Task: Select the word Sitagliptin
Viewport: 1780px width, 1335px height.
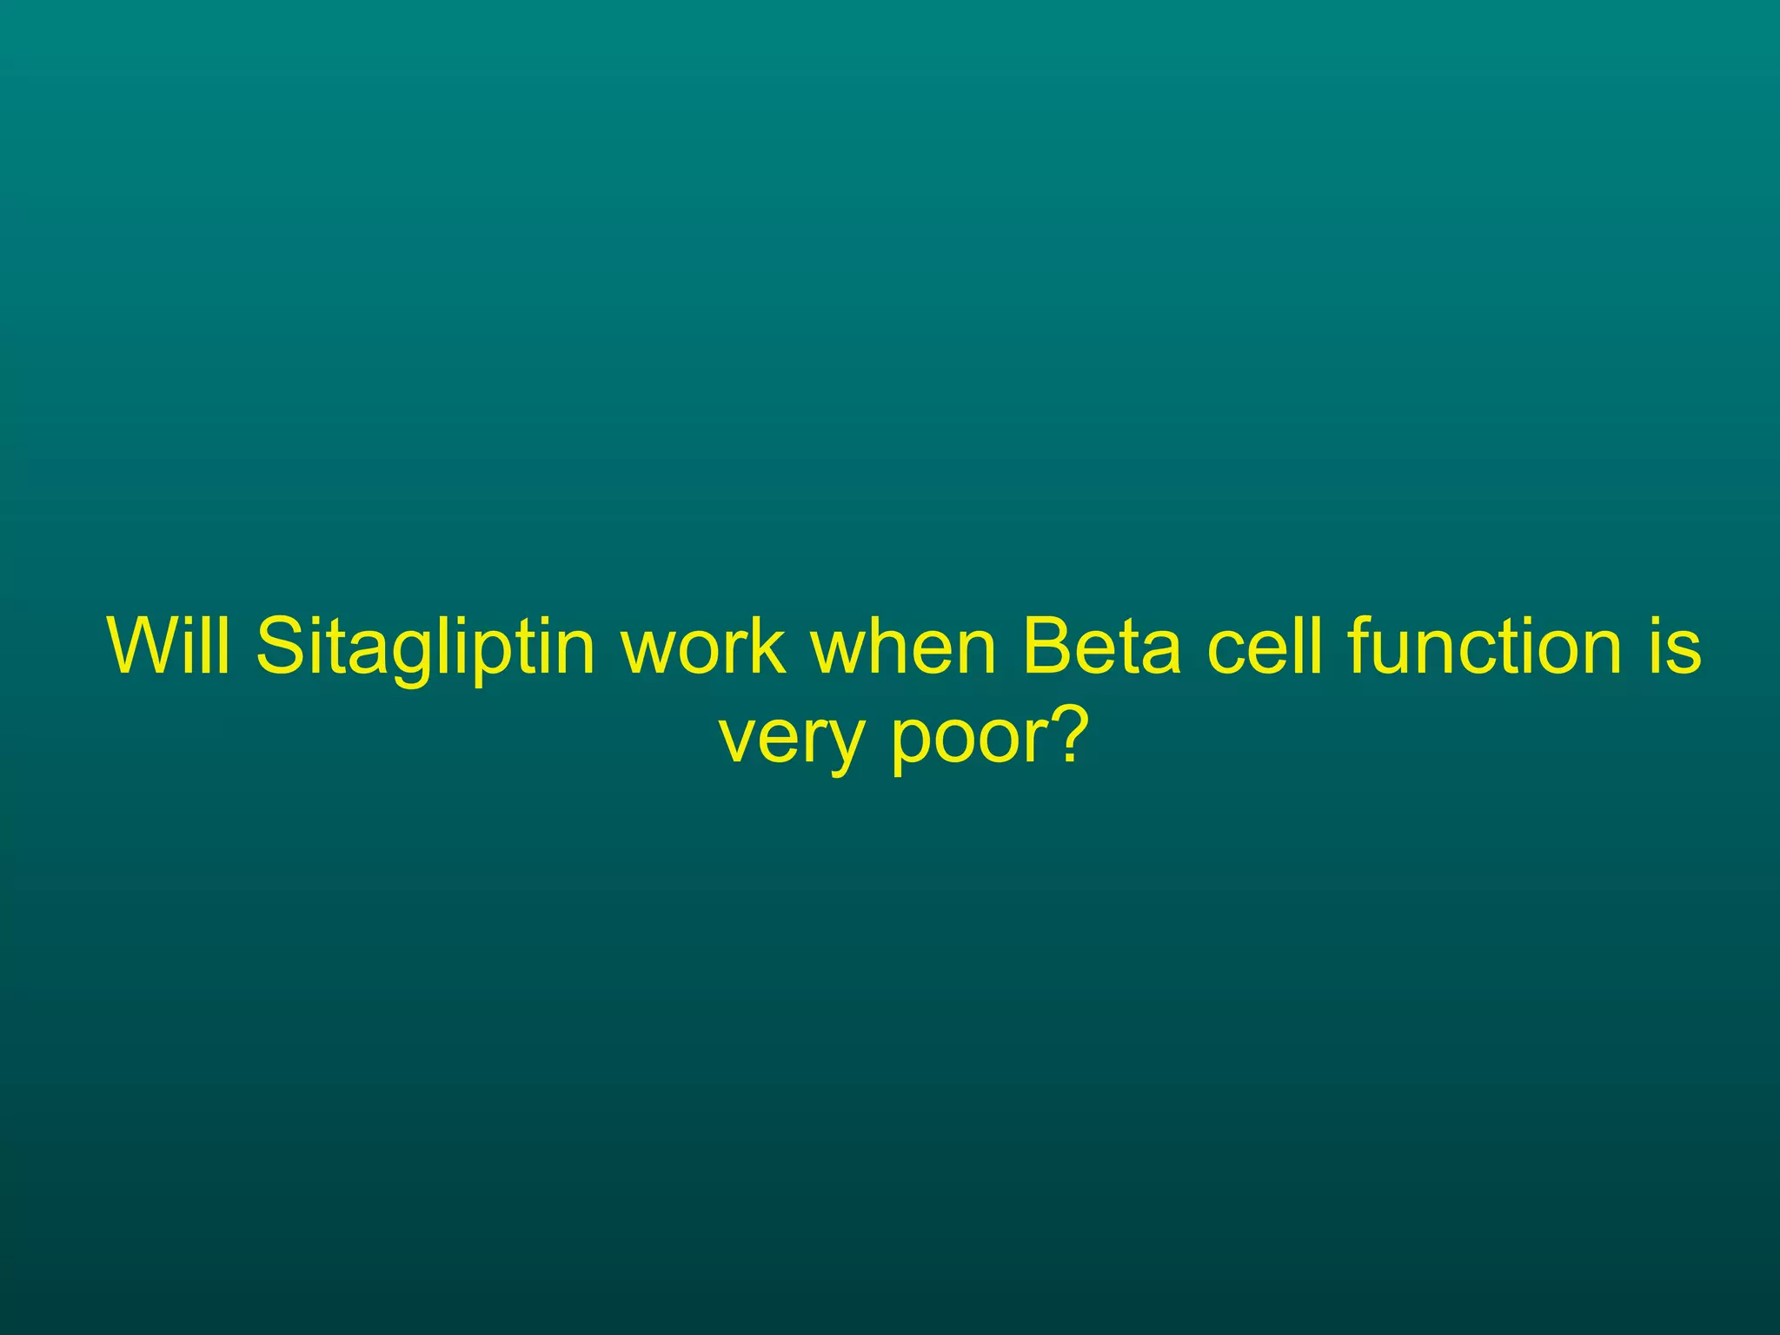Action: tap(426, 648)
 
